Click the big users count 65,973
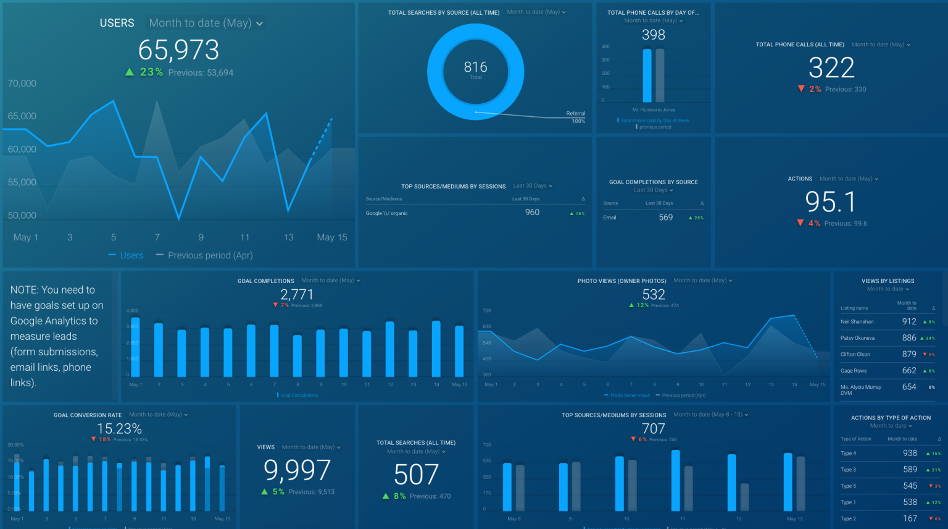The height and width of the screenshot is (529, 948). (178, 50)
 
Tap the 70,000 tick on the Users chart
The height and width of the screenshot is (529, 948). (22, 83)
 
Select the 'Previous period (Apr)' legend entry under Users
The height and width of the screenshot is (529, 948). (210, 255)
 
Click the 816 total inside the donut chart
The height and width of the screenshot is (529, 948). (475, 67)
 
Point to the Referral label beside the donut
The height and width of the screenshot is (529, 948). (575, 114)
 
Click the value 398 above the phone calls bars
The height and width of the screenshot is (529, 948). (653, 35)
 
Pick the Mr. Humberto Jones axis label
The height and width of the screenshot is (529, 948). (654, 110)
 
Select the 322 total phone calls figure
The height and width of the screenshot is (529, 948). (831, 67)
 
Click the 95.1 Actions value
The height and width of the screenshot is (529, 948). (831, 202)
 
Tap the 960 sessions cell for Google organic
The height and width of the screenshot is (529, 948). (532, 213)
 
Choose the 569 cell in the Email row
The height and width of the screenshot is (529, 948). (665, 218)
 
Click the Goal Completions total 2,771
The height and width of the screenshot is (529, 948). (297, 295)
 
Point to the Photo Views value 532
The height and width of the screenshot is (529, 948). (653, 295)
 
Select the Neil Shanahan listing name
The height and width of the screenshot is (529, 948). (857, 322)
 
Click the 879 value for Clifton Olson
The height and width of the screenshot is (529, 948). (908, 354)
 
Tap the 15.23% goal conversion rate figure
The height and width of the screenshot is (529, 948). (119, 429)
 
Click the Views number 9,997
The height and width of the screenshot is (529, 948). (297, 470)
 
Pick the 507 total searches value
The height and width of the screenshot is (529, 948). (416, 475)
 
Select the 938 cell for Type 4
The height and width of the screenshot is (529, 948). (910, 453)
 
